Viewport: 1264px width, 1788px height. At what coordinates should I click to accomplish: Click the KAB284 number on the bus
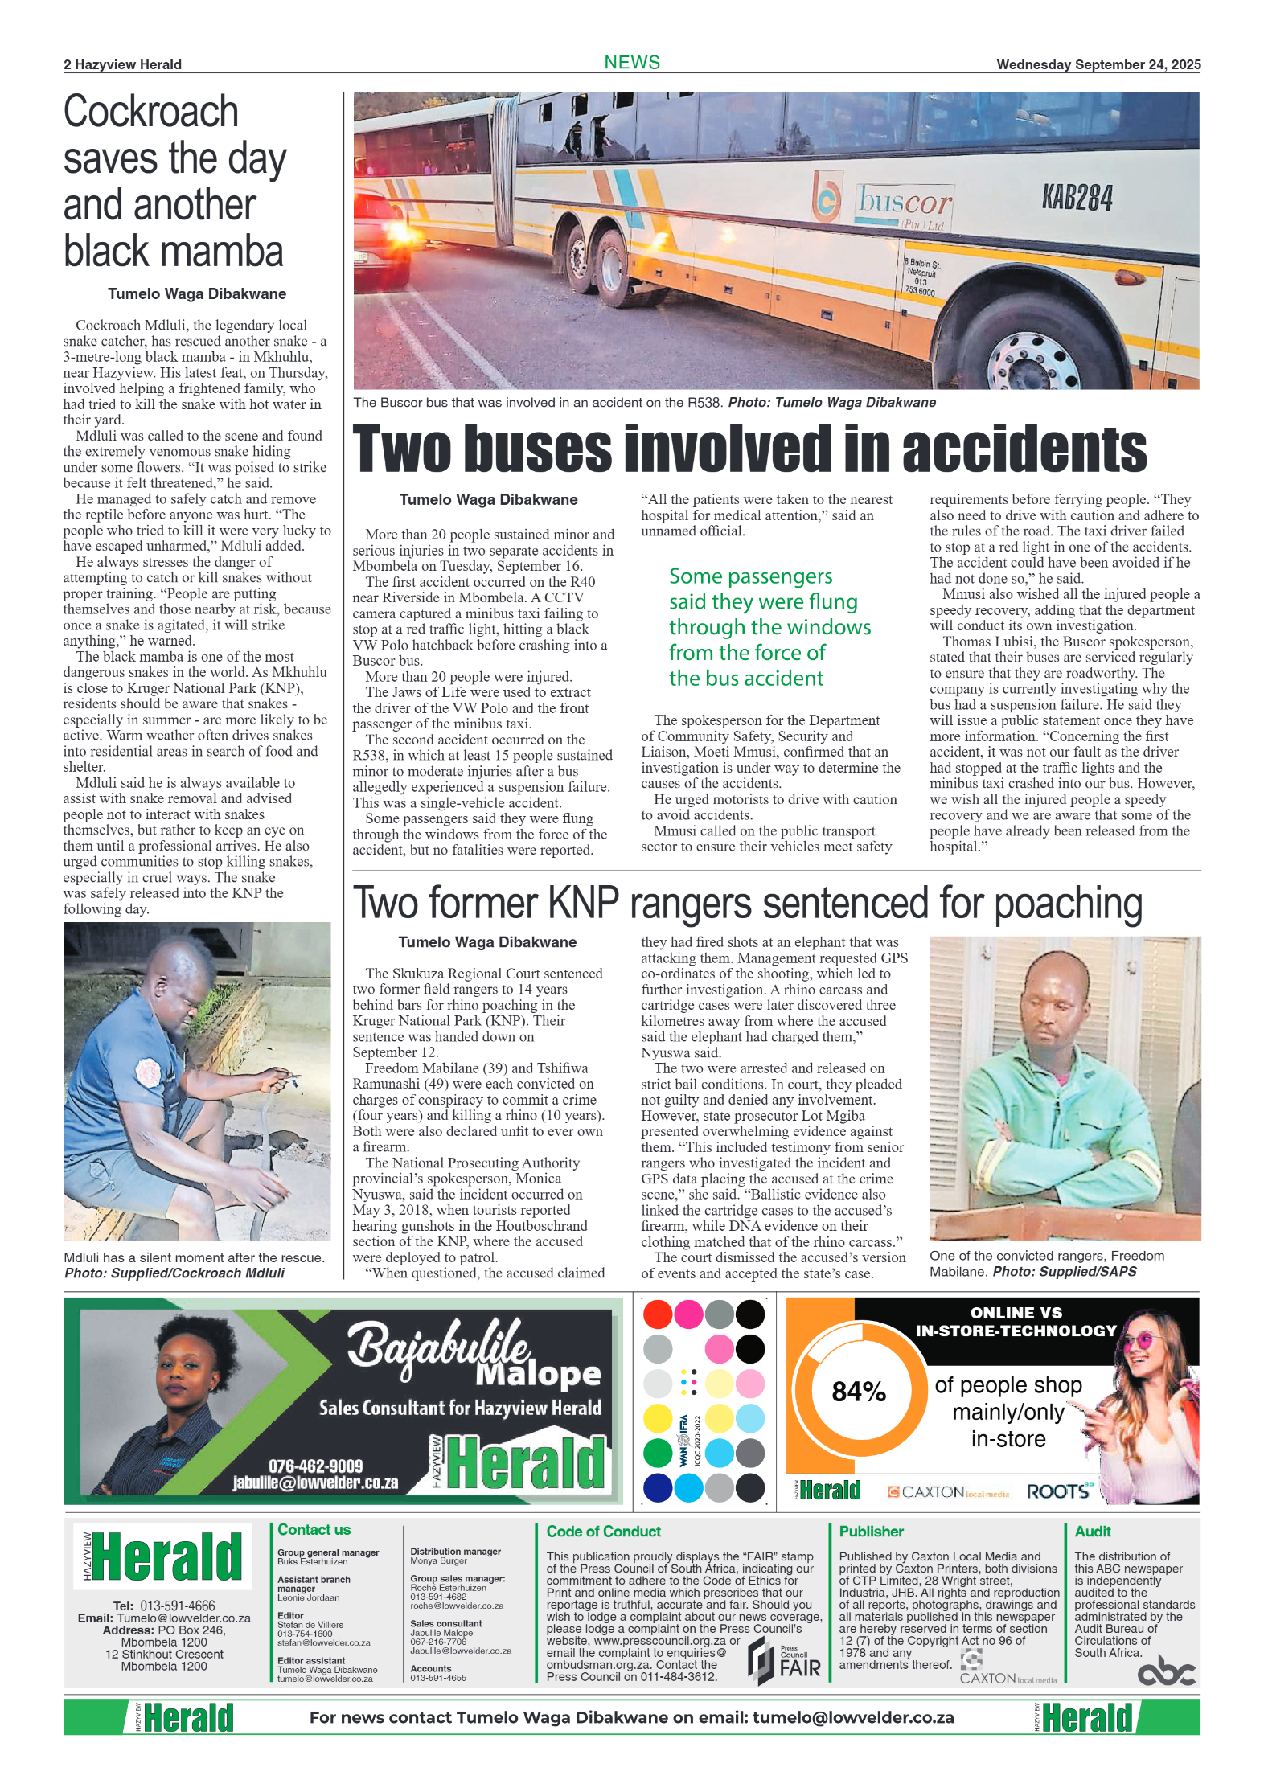[x=1077, y=197]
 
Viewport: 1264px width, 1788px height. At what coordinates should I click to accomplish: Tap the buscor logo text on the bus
[x=904, y=200]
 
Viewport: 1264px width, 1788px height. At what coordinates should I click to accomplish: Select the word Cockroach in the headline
[x=151, y=111]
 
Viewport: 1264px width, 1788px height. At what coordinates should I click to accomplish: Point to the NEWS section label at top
[x=632, y=63]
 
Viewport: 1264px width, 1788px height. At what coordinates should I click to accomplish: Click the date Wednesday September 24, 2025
[x=1098, y=64]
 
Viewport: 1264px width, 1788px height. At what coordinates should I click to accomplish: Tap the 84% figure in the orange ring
[x=858, y=1392]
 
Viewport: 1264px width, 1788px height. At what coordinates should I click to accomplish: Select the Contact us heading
[x=314, y=1530]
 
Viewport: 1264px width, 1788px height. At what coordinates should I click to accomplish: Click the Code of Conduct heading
[x=603, y=1532]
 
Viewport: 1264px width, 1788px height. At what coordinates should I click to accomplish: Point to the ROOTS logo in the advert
[x=1059, y=1492]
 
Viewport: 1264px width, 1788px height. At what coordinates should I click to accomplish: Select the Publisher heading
[x=871, y=1532]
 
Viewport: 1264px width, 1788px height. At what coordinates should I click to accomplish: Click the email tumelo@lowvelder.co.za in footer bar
[x=852, y=1718]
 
